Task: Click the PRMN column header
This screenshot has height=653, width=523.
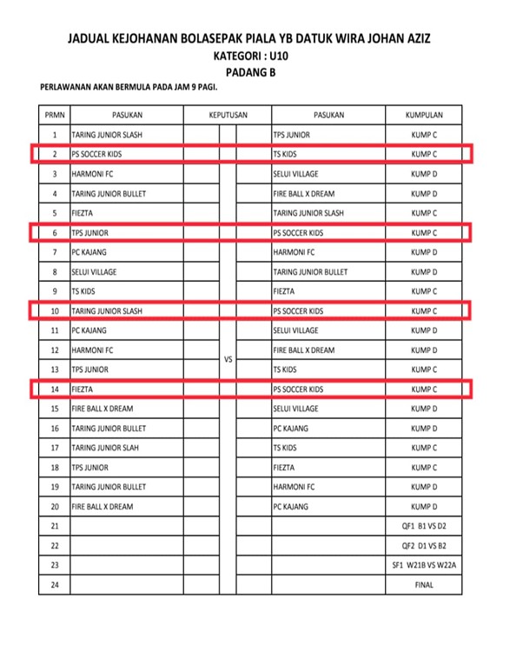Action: tap(55, 115)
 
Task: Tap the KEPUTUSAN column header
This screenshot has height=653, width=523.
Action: tap(228, 115)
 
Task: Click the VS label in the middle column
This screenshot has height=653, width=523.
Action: tap(228, 359)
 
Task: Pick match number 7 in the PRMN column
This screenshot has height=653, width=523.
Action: tap(55, 252)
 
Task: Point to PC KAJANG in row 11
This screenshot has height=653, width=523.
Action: tap(89, 330)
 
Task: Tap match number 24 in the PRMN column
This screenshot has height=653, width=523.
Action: tap(55, 585)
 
